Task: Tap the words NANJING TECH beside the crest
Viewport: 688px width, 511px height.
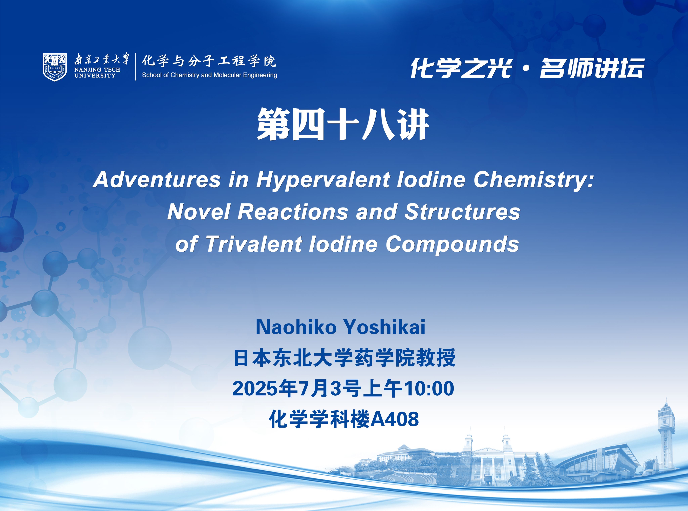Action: pos(97,70)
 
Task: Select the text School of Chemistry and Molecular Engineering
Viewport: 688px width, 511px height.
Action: pos(209,75)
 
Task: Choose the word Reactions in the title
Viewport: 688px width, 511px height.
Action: pos(293,212)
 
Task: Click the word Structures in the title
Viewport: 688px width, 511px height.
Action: pos(463,212)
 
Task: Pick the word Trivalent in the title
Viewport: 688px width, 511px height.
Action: pos(254,244)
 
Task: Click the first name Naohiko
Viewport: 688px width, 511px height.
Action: pos(296,327)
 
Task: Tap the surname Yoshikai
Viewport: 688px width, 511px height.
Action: pos(384,327)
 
